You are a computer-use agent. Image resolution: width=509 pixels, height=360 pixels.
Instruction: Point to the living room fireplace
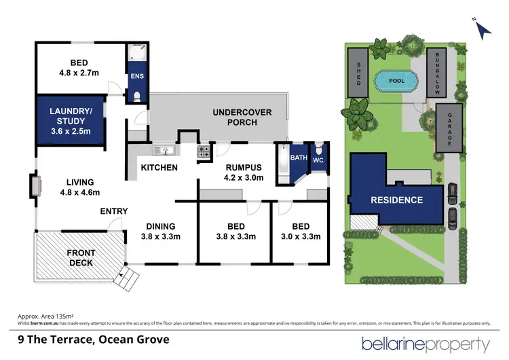(35, 185)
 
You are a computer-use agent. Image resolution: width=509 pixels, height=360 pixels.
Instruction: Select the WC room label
(319, 158)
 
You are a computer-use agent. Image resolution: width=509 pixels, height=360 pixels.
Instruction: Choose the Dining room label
(160, 226)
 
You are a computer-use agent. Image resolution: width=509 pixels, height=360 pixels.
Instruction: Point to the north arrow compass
(483, 29)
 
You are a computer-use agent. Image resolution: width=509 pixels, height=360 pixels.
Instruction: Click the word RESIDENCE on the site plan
(396, 200)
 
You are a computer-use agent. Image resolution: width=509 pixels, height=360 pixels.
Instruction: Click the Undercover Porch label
(235, 118)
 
